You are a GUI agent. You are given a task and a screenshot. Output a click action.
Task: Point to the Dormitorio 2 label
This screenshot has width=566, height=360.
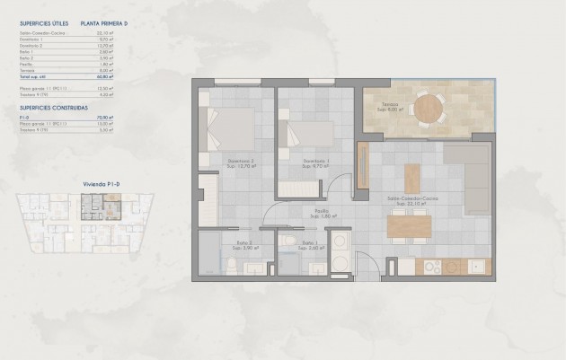[241, 163]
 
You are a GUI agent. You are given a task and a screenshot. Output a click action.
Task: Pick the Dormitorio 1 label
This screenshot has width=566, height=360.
[311, 163]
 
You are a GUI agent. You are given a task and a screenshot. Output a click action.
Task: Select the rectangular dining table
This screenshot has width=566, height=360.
[411, 227]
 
